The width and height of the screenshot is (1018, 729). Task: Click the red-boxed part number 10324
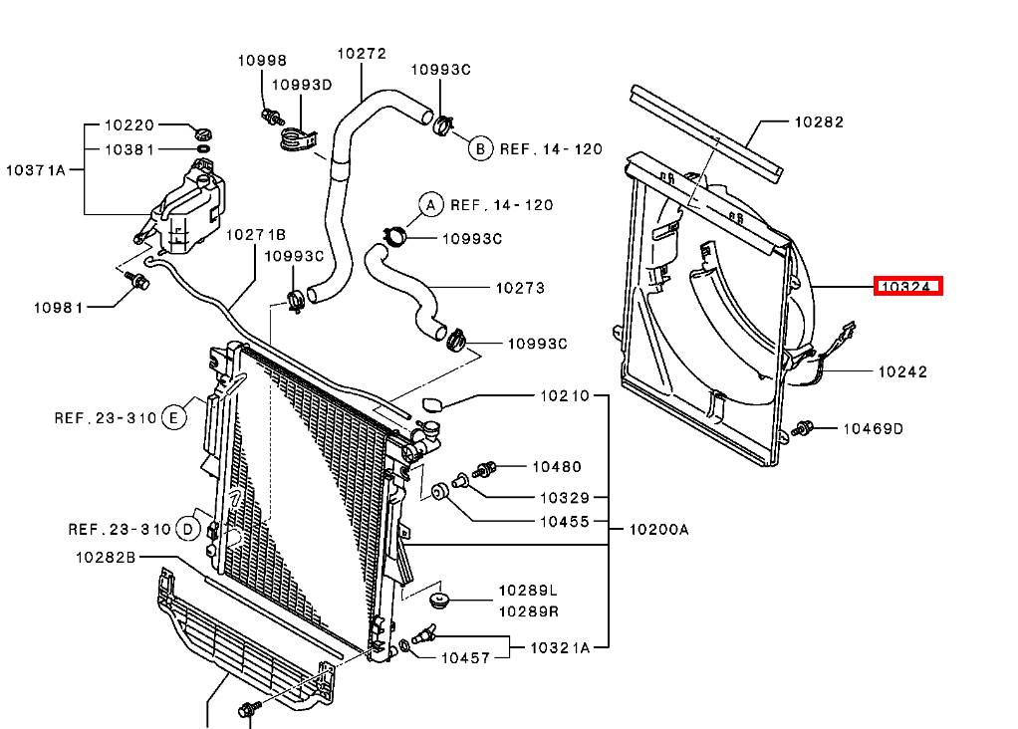(x=907, y=286)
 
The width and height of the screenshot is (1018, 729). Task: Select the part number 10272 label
(x=362, y=53)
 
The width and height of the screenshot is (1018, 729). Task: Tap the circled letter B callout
(x=480, y=148)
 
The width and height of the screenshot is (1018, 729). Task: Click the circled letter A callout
(x=430, y=205)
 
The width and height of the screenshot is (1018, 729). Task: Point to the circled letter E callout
(x=172, y=417)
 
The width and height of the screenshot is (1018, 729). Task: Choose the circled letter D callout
(x=187, y=530)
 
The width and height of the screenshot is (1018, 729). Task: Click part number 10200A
(x=659, y=530)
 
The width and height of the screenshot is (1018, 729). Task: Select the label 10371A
(x=36, y=170)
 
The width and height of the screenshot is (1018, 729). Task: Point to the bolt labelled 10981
(x=137, y=281)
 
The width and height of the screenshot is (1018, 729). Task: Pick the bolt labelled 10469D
(x=803, y=428)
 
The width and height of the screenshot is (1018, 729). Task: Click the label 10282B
(x=106, y=557)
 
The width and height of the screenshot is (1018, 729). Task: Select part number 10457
(x=465, y=658)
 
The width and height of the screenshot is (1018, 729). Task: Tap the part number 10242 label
(x=902, y=371)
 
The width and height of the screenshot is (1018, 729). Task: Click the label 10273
(x=520, y=288)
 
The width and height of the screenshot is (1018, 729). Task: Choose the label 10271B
(x=256, y=234)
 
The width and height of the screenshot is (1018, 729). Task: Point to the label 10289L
(x=528, y=591)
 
